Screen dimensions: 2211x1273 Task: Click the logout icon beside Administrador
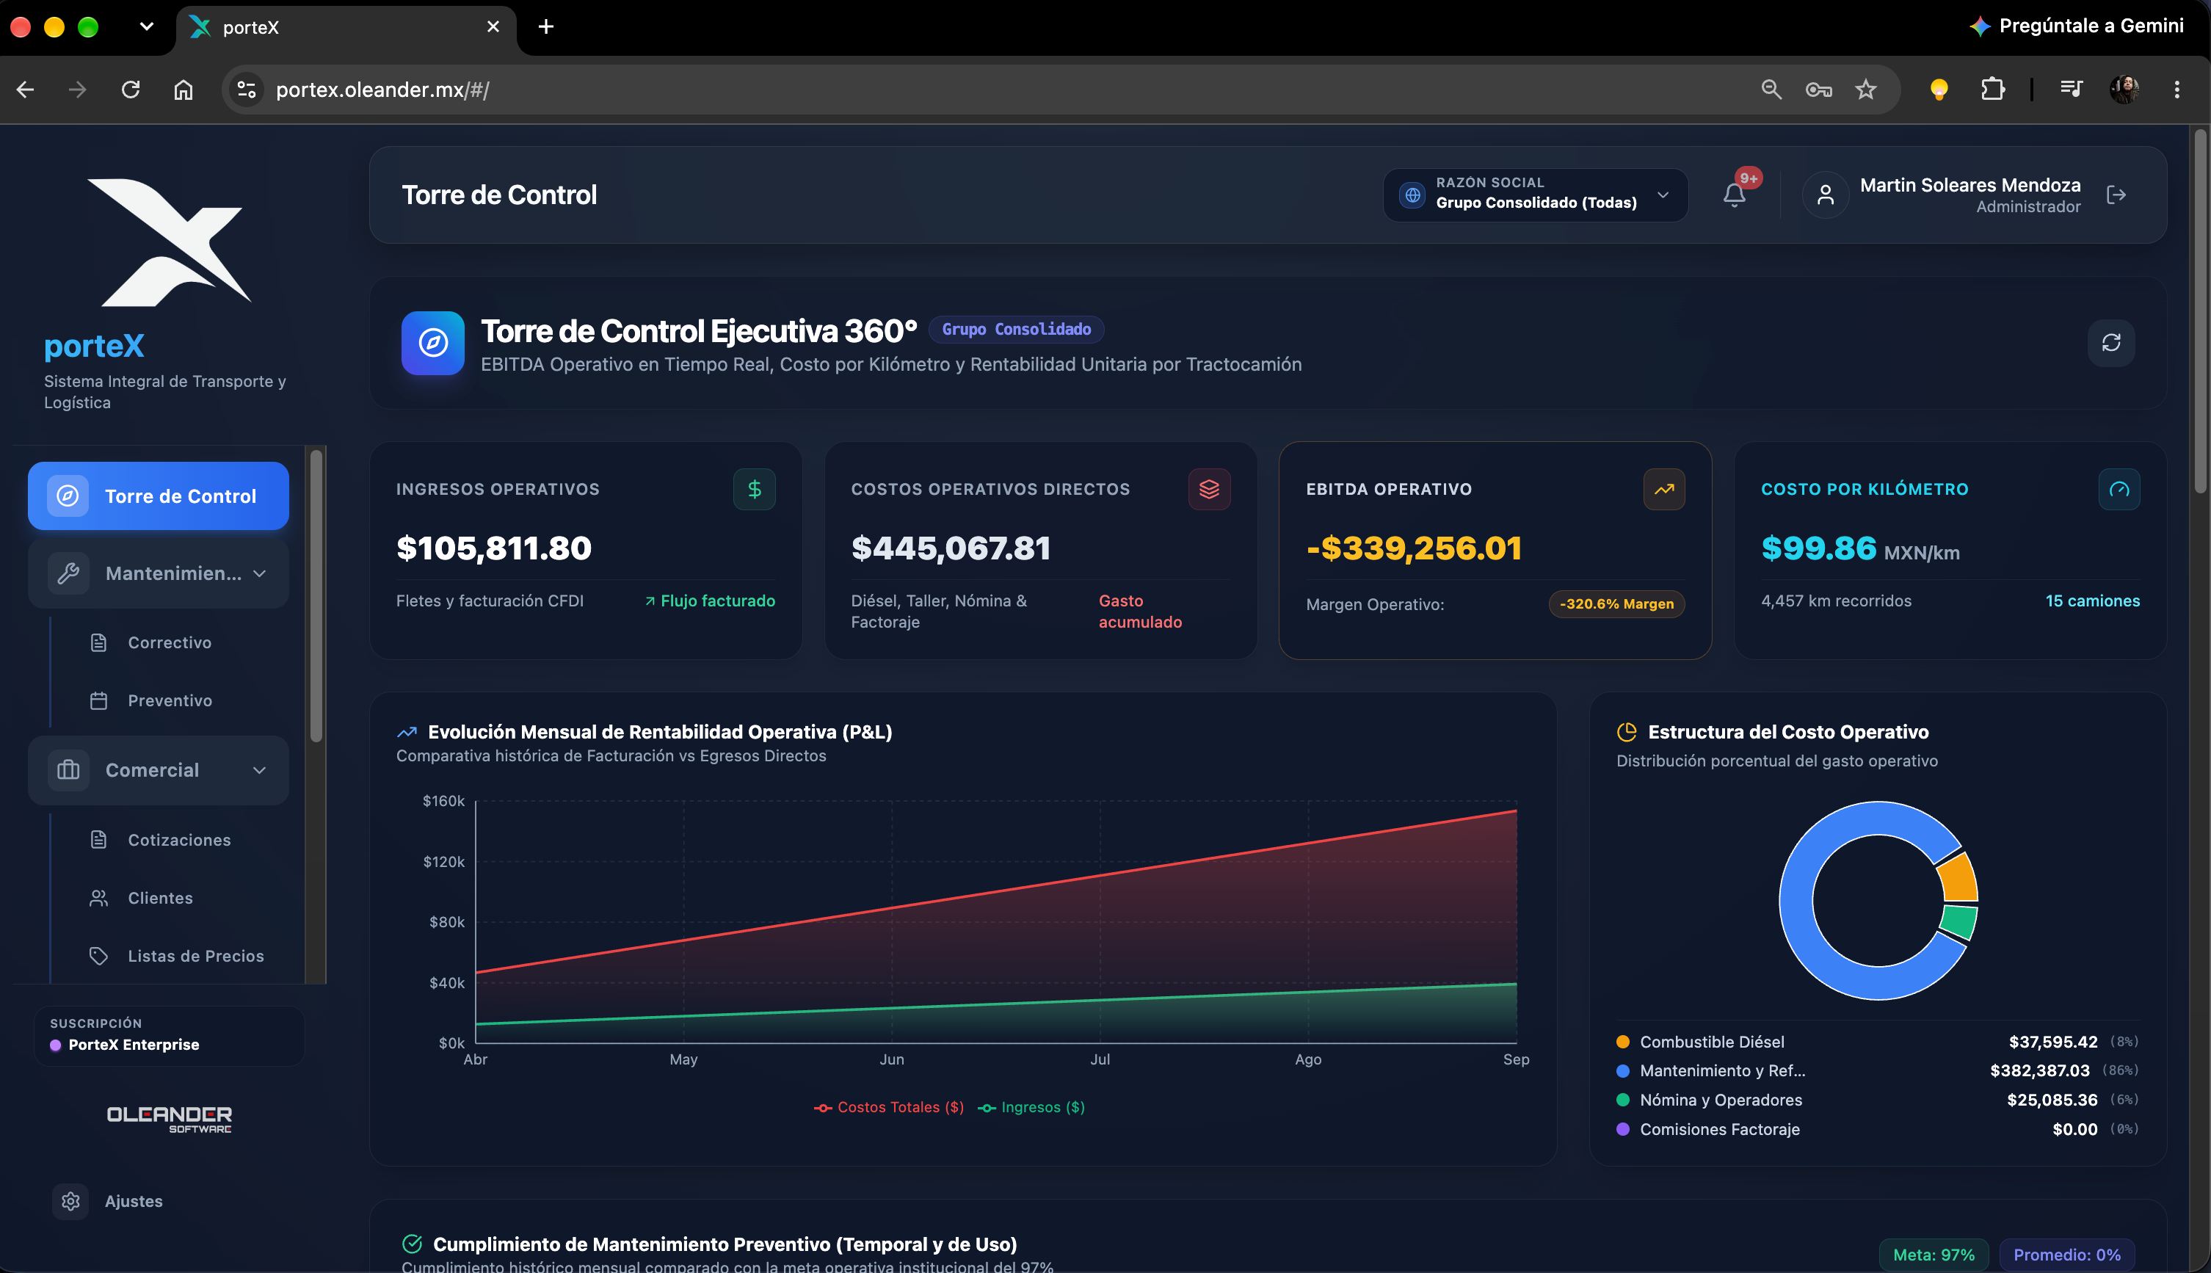[2116, 195]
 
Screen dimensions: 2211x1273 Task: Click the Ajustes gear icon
[70, 1201]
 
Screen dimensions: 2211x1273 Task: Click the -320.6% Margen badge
[1616, 604]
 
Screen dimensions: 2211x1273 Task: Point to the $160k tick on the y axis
[444, 801]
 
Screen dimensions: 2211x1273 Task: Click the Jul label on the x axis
[1100, 1059]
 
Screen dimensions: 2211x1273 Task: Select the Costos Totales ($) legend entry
[888, 1107]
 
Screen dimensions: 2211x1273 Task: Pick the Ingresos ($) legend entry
[1031, 1107]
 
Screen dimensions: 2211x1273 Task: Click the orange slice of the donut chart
[1959, 878]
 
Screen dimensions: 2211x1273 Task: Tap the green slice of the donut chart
[1959, 922]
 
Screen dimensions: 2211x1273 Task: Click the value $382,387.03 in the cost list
[2040, 1071]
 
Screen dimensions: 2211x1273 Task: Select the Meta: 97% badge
[1933, 1255]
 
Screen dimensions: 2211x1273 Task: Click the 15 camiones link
[2092, 601]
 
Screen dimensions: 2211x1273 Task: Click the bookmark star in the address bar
[1866, 89]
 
